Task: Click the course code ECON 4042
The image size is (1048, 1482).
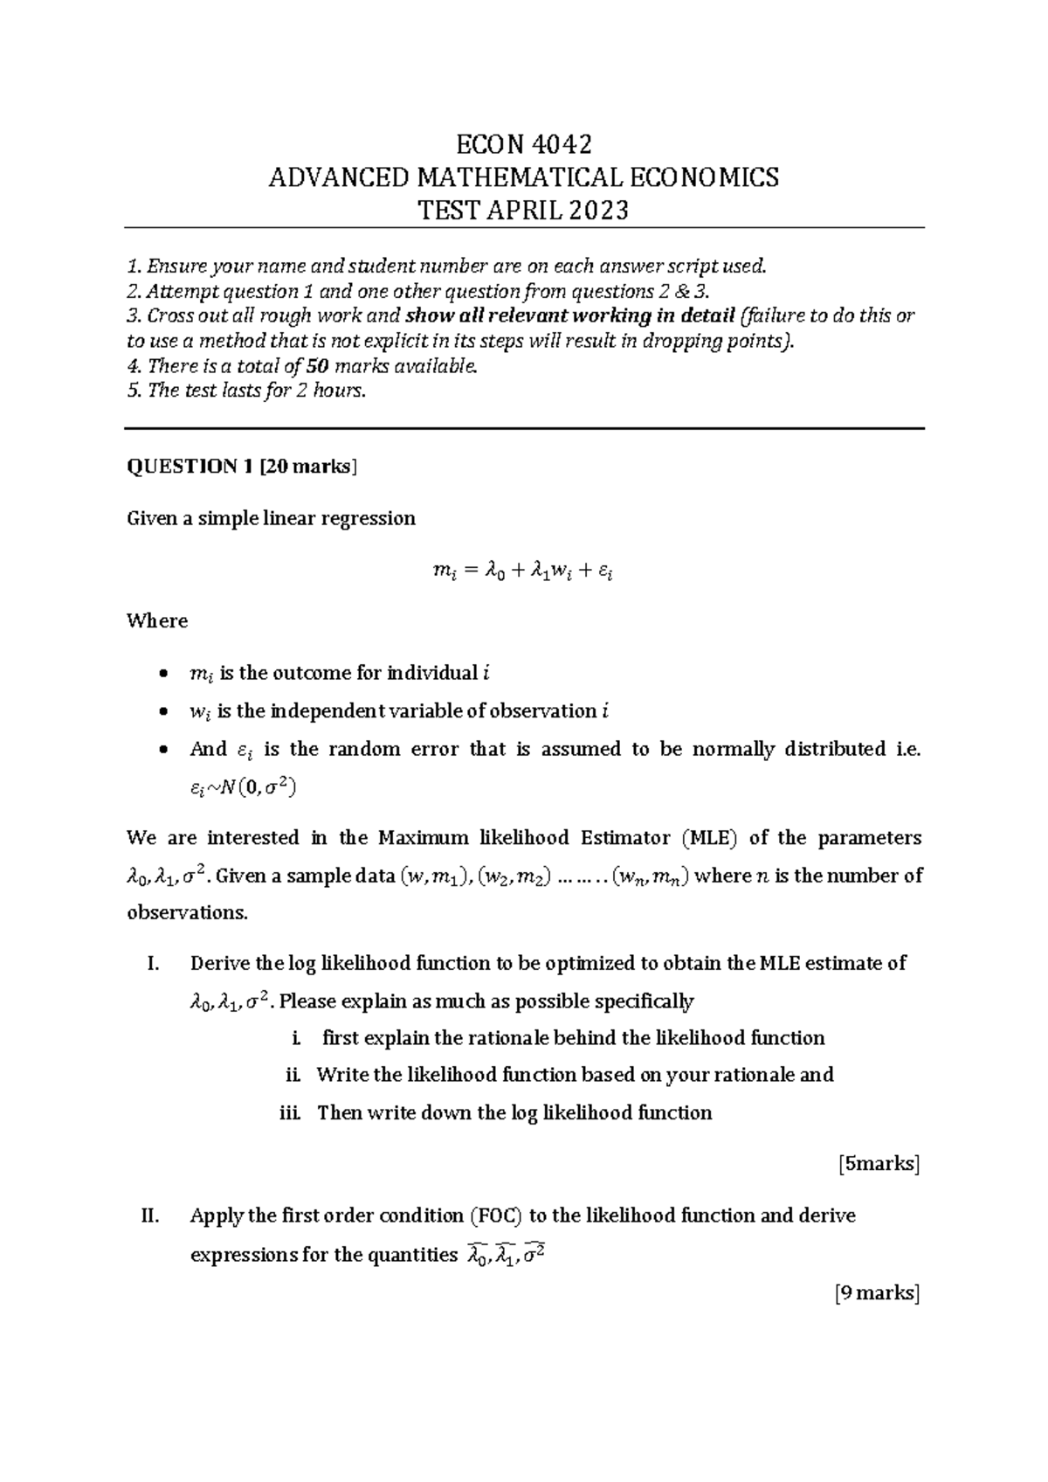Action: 524,143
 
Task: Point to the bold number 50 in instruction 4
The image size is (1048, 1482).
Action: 320,366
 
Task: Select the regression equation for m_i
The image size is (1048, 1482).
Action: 523,571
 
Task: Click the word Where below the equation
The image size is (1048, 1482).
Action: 157,621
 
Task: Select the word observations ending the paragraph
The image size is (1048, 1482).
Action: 186,913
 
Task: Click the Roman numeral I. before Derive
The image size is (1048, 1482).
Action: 153,964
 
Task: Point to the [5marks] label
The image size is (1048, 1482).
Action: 879,1164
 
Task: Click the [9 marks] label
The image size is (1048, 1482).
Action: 878,1293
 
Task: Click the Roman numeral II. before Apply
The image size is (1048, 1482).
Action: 149,1215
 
